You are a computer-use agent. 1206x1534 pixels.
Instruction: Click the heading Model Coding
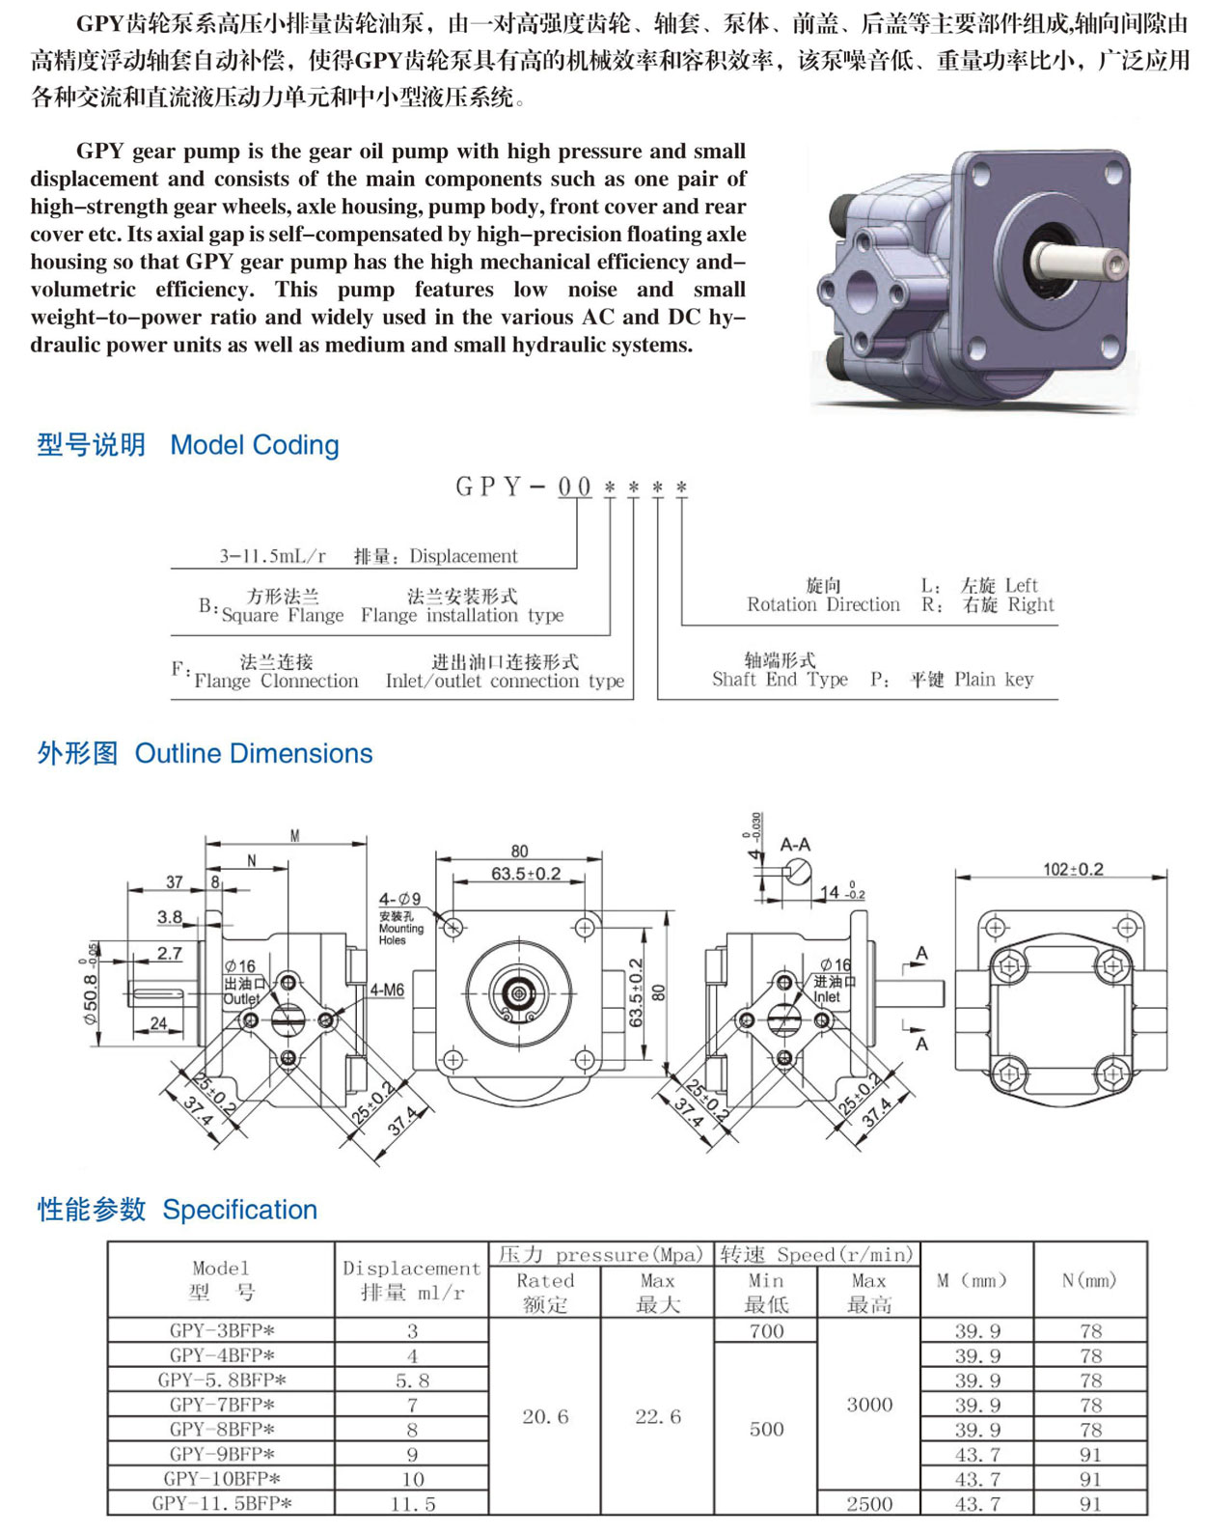tap(254, 445)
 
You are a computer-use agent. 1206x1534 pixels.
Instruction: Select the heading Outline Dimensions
tap(253, 753)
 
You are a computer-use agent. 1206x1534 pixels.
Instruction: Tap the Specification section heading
tap(239, 1210)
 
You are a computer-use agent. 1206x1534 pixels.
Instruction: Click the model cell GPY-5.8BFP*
tap(222, 1381)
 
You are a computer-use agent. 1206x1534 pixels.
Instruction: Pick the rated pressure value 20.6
tap(545, 1417)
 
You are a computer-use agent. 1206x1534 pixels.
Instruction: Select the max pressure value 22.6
tap(658, 1417)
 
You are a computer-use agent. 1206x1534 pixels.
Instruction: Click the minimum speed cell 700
tap(766, 1331)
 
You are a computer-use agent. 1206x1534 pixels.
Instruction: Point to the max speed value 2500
tap(869, 1504)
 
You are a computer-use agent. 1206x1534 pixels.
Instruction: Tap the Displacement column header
tap(411, 1269)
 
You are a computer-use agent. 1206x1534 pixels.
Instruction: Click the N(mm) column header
tap(1089, 1280)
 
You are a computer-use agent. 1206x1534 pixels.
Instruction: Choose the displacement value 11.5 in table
tap(412, 1504)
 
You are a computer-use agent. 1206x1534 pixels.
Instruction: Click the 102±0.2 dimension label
tap(1073, 870)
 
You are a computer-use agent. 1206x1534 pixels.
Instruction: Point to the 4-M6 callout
tap(387, 990)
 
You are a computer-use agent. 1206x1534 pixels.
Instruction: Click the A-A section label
tap(795, 845)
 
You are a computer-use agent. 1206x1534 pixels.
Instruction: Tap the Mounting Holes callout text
tap(400, 934)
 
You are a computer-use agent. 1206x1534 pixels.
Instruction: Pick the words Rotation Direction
tap(823, 605)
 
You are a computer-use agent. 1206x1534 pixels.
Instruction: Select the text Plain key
tap(994, 680)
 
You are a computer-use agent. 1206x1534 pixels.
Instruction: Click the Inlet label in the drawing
tap(827, 997)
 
